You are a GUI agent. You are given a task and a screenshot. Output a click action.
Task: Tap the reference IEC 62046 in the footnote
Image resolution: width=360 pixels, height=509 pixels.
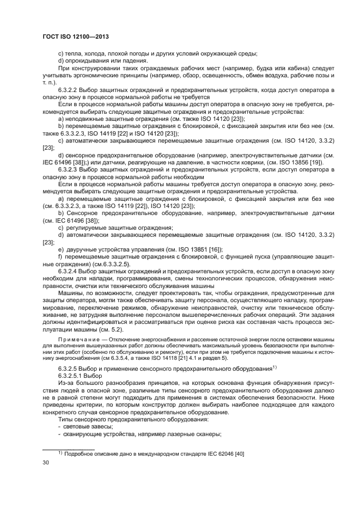pos(214,453)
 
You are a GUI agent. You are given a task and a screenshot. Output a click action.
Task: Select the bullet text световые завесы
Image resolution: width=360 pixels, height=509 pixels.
pos(86,426)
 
